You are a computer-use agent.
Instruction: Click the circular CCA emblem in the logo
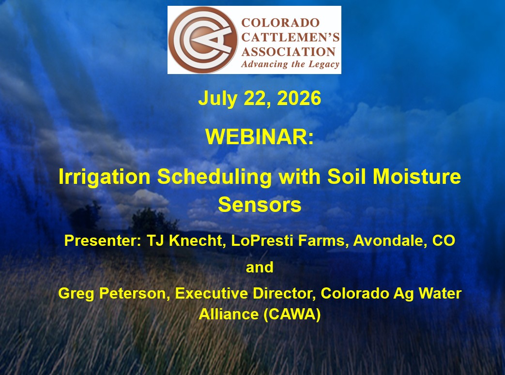click(x=202, y=40)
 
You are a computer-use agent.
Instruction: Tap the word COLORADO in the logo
click(x=280, y=23)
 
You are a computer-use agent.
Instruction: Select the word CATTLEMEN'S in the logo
click(x=291, y=37)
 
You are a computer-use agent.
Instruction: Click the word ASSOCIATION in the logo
click(x=289, y=52)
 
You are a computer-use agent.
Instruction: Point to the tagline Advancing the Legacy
click(x=290, y=64)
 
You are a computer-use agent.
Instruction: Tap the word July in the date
click(x=218, y=99)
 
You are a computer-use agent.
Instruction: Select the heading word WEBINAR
click(x=259, y=137)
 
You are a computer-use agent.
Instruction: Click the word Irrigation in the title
click(x=105, y=178)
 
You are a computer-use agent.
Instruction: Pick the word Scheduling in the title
click(x=214, y=178)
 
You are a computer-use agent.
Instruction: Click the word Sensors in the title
click(x=260, y=205)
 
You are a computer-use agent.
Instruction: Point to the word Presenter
click(x=103, y=240)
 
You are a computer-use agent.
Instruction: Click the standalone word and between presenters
click(x=260, y=267)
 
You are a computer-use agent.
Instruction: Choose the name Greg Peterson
click(x=114, y=294)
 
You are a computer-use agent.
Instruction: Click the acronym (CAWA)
click(x=292, y=315)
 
